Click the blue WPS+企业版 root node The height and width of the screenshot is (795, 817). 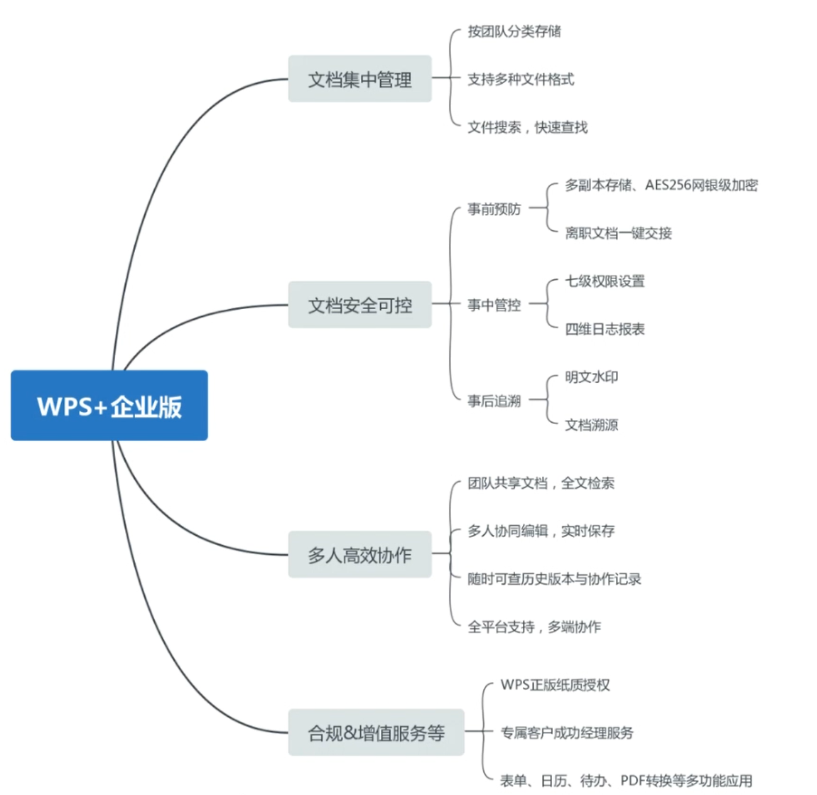(109, 406)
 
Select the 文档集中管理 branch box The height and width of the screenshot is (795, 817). (359, 79)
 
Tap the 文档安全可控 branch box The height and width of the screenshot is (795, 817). (359, 305)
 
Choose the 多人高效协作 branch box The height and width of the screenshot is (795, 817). (359, 554)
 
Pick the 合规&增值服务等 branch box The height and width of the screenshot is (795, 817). (376, 732)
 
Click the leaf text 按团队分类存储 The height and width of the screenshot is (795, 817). (514, 31)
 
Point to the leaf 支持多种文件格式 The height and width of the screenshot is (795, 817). (520, 80)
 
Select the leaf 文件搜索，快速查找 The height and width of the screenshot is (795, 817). (527, 127)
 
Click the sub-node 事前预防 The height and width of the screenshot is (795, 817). (494, 209)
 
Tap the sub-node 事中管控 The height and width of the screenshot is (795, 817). (494, 305)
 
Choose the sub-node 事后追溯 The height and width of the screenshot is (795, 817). (494, 401)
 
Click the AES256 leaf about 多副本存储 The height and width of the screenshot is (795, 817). (661, 185)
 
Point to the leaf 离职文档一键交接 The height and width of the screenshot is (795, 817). (618, 233)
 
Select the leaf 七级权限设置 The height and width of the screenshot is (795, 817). (605, 281)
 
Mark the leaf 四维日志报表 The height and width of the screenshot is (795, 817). (605, 329)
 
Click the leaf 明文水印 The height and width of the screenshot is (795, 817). (591, 377)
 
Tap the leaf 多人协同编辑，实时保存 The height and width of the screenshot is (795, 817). (541, 531)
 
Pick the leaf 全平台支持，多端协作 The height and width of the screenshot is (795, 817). (534, 627)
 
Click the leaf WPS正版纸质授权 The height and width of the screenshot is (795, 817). (555, 685)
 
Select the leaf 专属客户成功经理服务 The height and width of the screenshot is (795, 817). (566, 732)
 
